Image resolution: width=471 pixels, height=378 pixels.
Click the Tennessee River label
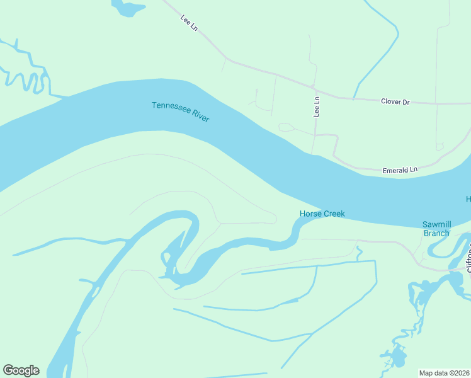[180, 112]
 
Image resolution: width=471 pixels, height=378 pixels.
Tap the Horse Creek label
[322, 214]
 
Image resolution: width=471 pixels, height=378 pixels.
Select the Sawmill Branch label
[436, 229]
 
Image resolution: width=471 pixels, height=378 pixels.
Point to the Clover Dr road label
[395, 101]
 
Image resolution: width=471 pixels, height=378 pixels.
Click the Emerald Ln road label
[400, 170]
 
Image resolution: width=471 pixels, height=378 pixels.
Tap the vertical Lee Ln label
[317, 106]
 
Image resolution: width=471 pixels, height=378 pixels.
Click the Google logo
[21, 370]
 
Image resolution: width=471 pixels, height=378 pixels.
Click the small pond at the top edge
[129, 8]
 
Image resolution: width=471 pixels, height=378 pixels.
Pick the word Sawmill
[436, 224]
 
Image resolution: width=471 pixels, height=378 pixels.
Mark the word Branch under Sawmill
[436, 233]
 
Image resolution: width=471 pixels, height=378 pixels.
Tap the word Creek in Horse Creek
[334, 214]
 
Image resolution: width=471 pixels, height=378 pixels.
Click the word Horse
[310, 214]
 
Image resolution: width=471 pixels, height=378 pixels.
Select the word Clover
[390, 101]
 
